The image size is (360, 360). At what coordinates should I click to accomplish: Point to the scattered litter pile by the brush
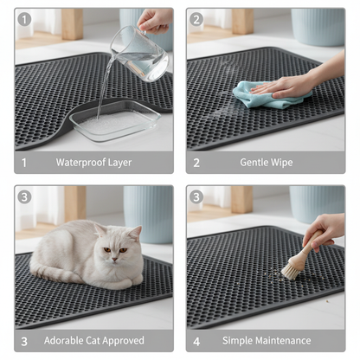click(275, 274)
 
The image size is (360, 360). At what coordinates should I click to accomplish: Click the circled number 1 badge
click(24, 19)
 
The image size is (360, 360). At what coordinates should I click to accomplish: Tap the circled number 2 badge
click(196, 19)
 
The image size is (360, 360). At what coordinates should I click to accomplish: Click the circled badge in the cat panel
click(24, 196)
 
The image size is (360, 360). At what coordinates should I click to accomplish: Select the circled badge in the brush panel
click(196, 196)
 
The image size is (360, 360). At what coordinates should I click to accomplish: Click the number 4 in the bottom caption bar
click(196, 340)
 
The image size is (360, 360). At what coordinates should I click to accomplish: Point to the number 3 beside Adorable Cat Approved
click(24, 340)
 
